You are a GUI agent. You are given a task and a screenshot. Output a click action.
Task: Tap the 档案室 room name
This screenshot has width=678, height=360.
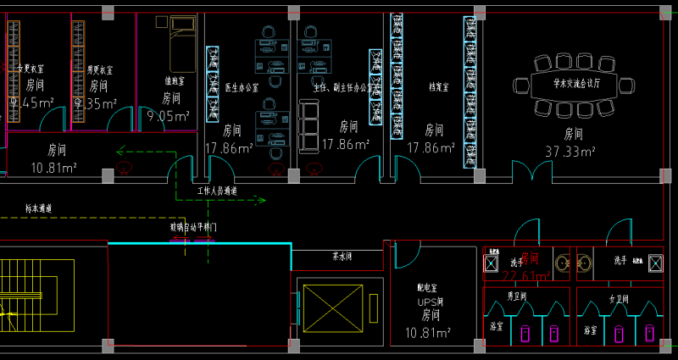437,86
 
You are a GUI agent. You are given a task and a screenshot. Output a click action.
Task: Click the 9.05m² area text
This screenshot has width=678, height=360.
168,116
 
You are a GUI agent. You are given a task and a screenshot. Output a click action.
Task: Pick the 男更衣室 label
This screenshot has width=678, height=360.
100,69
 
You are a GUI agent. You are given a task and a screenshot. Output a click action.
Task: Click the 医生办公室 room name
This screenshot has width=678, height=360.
241,87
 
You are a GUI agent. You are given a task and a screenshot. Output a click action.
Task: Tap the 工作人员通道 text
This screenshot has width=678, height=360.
217,191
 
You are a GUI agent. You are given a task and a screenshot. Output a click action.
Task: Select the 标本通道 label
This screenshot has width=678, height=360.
39,208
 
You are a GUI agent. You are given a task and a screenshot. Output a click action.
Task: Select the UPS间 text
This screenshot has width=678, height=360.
431,302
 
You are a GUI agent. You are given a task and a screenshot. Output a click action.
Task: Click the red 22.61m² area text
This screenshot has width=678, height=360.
526,275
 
